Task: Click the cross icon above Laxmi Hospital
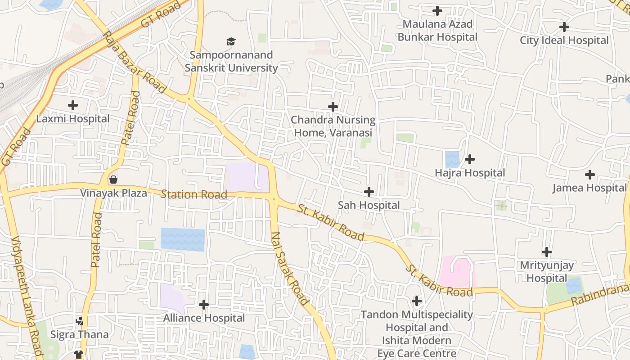pos(72,106)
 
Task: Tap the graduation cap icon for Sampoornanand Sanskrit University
pos(231,42)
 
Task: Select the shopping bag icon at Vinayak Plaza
pos(113,180)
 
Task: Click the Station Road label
pos(193,194)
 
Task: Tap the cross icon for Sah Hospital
pos(369,192)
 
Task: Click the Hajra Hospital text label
pos(470,173)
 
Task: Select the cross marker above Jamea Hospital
pos(590,175)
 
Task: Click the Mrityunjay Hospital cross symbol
pos(547,252)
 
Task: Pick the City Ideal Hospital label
pos(564,40)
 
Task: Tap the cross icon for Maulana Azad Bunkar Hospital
pos(437,11)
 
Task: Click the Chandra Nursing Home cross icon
pos(333,107)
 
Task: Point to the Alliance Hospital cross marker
pos(204,305)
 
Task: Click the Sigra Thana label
pos(80,334)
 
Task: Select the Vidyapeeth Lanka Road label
pos(27,297)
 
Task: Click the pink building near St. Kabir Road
pos(457,272)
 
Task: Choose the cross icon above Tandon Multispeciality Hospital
pos(417,301)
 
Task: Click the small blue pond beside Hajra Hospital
pos(452,159)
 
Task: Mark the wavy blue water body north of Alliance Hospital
pos(182,239)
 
